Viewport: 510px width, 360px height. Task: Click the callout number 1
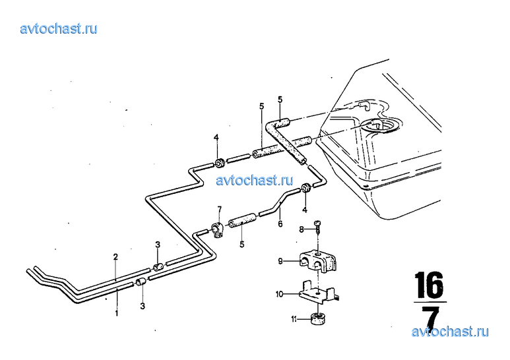point(116,313)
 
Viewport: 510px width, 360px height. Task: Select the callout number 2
point(115,257)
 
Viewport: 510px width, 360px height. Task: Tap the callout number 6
point(280,224)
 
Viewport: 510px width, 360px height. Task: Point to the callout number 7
point(220,208)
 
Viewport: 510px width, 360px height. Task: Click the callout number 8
point(302,229)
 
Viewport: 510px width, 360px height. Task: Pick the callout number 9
point(280,261)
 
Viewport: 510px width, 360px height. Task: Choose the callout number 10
point(279,294)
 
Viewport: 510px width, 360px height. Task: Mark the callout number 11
point(294,320)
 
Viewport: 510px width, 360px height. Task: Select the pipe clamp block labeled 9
point(317,261)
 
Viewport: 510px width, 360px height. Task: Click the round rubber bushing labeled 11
point(319,318)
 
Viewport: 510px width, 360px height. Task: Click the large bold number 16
point(430,285)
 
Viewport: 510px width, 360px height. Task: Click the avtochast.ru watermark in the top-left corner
point(59,28)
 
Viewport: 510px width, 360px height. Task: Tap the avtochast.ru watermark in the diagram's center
point(255,180)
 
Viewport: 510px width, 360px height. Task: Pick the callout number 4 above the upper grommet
point(216,138)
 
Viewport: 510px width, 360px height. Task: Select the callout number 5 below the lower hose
point(241,244)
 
